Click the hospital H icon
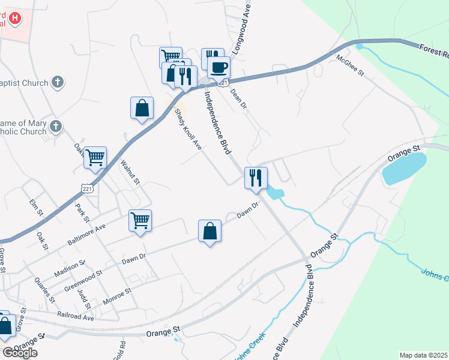point(15,18)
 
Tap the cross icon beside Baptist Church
point(57,82)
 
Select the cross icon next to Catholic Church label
point(56,126)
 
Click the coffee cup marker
point(219,67)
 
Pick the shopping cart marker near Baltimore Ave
point(140,220)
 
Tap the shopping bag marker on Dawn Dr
point(210,231)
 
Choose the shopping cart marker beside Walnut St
point(95,157)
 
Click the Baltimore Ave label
point(86,233)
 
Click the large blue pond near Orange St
point(404,167)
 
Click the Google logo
point(20,352)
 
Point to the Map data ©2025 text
point(424,355)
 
